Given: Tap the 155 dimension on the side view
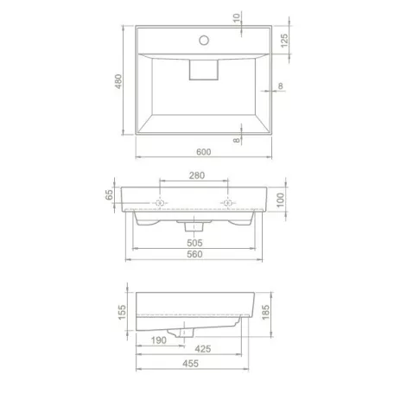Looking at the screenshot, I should point(122,310).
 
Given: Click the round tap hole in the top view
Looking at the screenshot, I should point(204,39).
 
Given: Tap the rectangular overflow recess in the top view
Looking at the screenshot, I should point(204,72).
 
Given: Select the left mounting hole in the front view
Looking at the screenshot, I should point(161,203).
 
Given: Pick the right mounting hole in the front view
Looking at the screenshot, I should point(227,203).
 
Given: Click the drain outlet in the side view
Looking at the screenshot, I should point(183,332).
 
